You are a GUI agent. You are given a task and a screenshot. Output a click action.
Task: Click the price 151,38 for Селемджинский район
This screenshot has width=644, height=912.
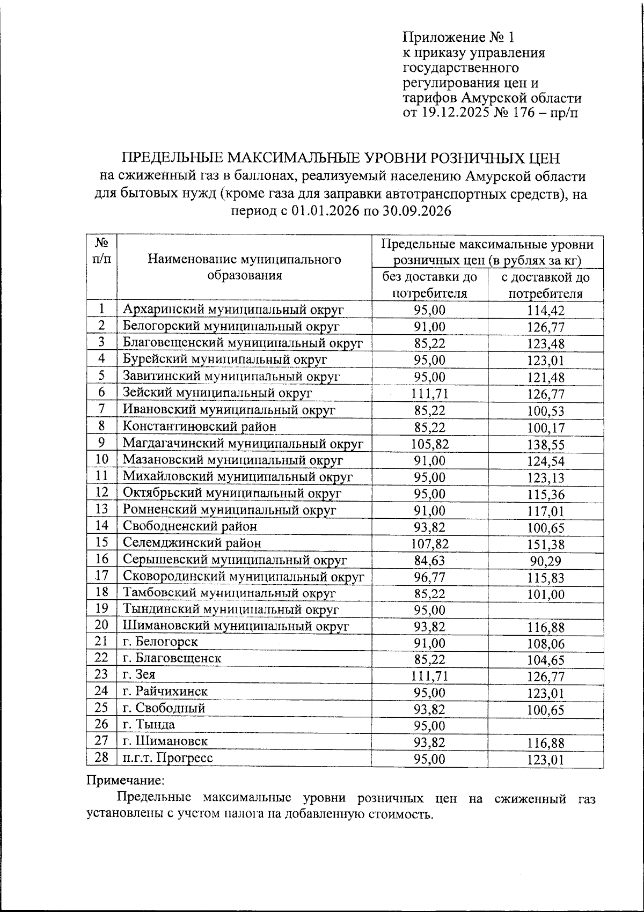tap(545, 545)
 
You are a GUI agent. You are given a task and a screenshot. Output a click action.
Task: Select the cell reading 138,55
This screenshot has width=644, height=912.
tap(545, 445)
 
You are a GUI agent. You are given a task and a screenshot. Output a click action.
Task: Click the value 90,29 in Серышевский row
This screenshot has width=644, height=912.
tap(545, 561)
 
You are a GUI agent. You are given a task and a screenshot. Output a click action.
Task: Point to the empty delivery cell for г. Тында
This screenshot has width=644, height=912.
tap(545, 725)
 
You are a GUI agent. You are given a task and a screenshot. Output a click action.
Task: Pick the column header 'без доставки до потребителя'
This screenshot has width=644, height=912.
tap(429, 285)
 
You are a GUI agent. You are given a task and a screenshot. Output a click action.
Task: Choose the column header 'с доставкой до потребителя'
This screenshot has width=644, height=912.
tap(545, 285)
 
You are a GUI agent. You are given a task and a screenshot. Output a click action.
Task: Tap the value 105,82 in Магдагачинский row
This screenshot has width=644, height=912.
tap(429, 444)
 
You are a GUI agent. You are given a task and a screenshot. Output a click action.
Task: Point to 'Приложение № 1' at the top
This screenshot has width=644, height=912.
tap(459, 37)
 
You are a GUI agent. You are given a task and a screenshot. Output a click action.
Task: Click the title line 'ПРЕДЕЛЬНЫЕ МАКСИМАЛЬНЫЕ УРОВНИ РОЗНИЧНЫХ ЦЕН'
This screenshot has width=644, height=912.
tap(341, 158)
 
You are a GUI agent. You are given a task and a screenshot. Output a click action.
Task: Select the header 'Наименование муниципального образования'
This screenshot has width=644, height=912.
tap(244, 267)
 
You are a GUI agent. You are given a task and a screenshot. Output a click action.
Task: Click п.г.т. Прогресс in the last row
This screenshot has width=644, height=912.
tap(167, 757)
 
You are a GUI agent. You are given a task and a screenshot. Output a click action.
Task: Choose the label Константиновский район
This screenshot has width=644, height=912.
tap(200, 426)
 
